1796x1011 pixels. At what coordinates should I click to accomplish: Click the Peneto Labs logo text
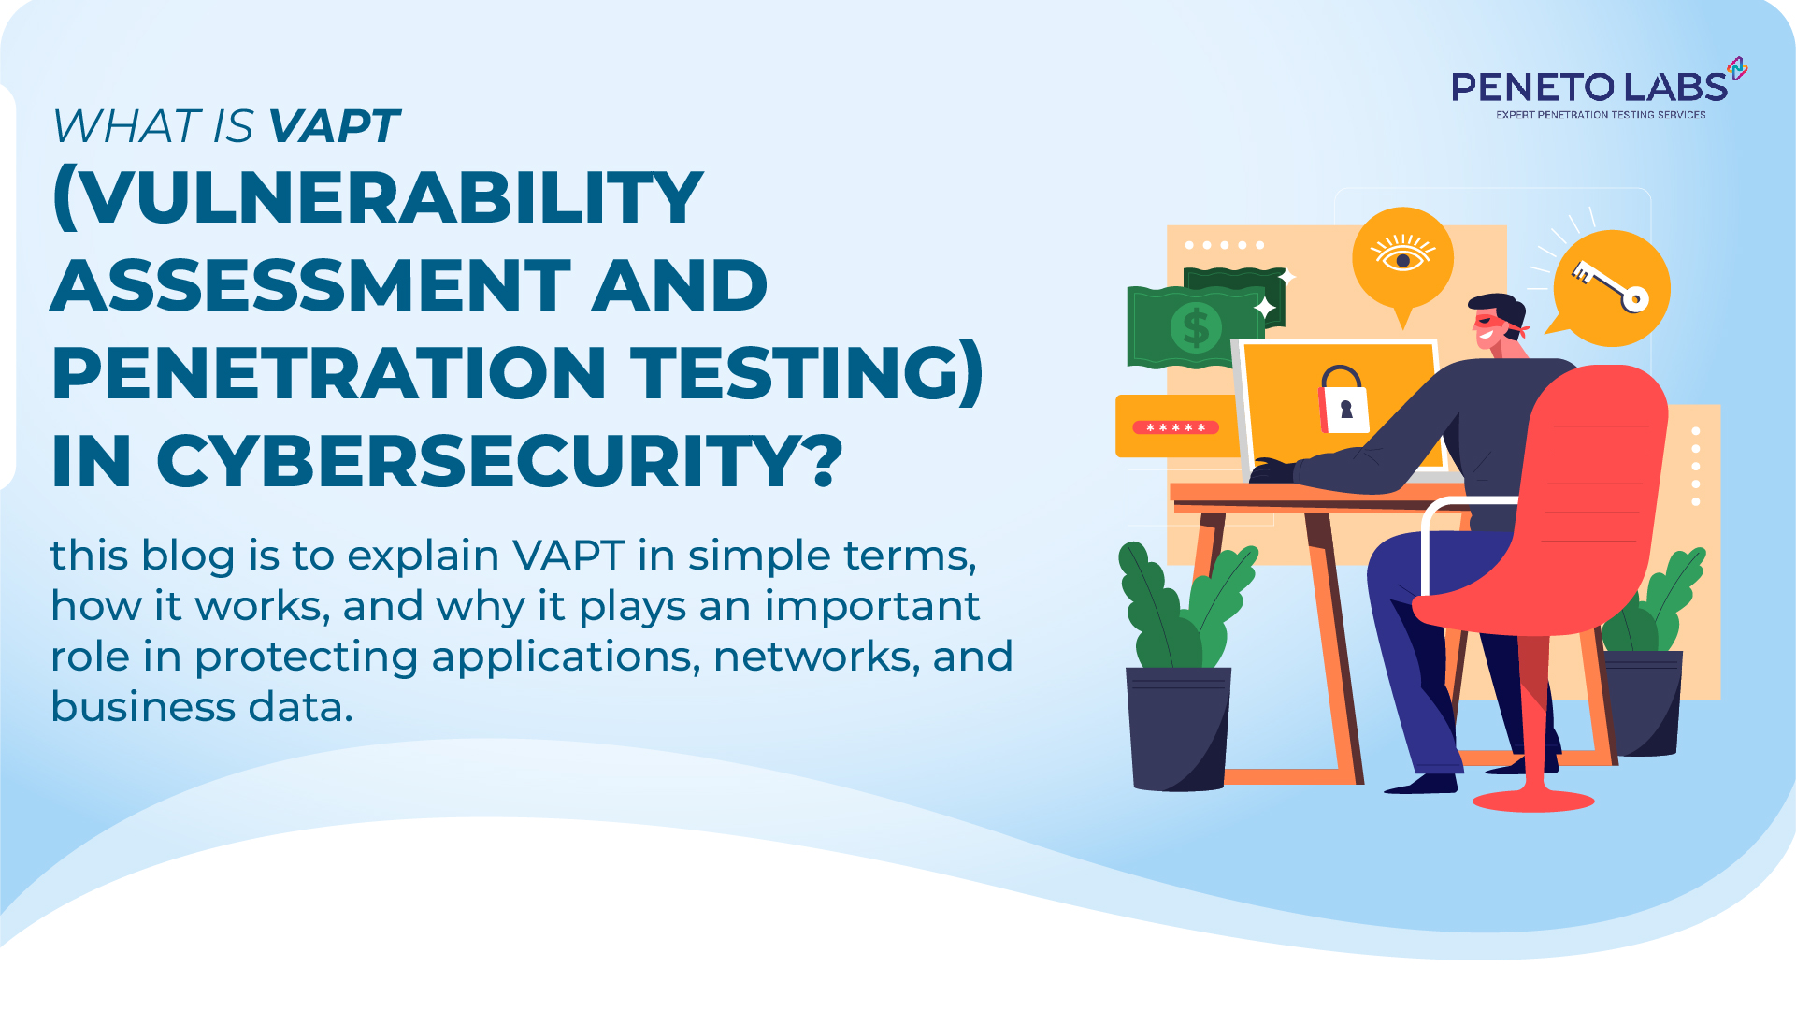[x=1588, y=87]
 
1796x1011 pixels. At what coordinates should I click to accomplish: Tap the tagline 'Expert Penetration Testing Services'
[x=1601, y=115]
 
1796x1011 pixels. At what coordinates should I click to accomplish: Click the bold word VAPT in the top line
[x=334, y=126]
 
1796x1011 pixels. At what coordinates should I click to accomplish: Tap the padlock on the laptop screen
[x=1343, y=402]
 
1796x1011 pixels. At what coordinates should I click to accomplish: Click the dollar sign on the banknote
[x=1196, y=328]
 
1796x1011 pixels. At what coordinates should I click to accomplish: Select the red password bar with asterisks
[x=1175, y=427]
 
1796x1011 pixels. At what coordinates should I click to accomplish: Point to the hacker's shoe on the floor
[x=1421, y=784]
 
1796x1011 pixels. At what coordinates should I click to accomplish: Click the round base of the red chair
[x=1533, y=801]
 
